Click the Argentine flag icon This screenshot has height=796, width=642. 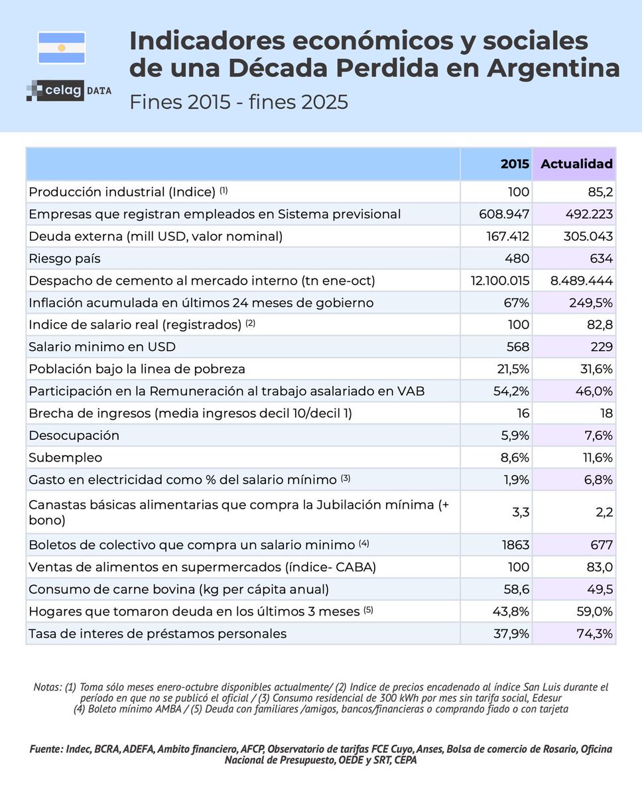62,48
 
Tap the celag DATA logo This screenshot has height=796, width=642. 68,90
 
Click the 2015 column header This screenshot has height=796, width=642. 515,164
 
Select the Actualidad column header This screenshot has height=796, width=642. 576,164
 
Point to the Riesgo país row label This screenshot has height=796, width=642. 64,259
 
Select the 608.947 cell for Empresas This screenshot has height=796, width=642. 503,214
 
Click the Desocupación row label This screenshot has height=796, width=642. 74,436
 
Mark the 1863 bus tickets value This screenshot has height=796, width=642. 515,545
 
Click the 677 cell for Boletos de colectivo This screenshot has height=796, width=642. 600,545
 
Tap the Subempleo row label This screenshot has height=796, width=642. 65,458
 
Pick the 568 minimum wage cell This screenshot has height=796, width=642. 517,347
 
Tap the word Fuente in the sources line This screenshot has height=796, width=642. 46,749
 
